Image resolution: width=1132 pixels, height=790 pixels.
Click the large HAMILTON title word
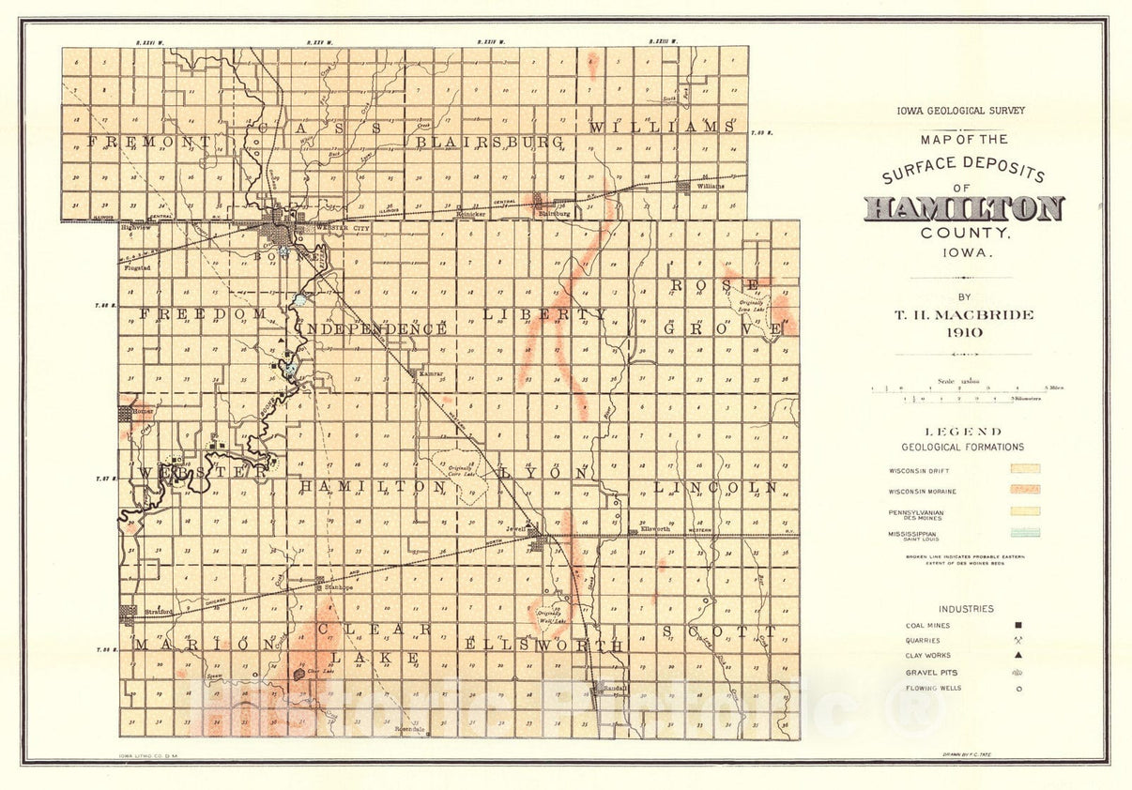point(964,208)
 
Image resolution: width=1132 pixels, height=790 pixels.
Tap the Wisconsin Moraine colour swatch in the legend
point(1024,490)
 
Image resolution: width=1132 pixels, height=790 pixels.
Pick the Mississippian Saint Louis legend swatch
point(1024,533)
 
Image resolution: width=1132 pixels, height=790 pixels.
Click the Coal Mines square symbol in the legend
point(1018,625)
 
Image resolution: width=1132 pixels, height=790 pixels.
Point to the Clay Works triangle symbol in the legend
point(1018,656)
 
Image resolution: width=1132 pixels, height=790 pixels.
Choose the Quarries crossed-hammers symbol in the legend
point(1018,641)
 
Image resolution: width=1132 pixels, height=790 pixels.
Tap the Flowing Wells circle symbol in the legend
point(1018,689)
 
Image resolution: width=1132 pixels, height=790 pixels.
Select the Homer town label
point(143,411)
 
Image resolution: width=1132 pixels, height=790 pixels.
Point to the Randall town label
point(615,688)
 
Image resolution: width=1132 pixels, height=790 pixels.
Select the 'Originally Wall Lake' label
point(555,616)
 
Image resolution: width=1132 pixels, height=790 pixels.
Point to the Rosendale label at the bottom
point(410,728)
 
